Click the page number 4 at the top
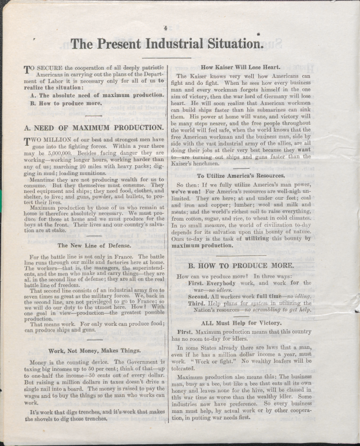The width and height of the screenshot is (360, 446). click(x=165, y=28)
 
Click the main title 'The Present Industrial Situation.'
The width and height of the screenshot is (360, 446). click(x=166, y=44)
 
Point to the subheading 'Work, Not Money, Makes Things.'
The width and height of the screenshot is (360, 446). click(x=94, y=351)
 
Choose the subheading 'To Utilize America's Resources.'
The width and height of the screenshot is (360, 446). click(x=240, y=176)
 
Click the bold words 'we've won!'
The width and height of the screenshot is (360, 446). click(x=192, y=191)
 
